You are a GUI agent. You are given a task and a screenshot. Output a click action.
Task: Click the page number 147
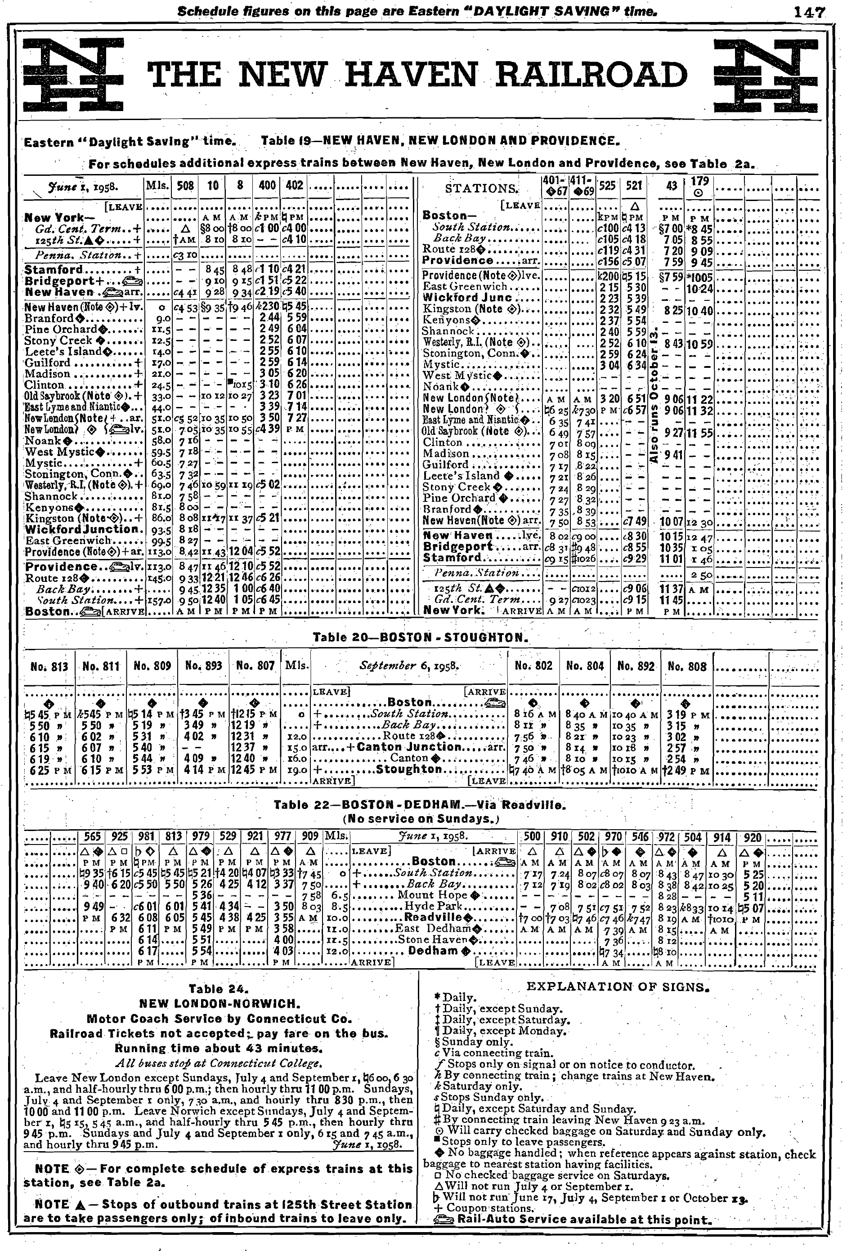pyautogui.click(x=808, y=12)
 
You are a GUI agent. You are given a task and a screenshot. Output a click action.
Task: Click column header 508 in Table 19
pyautogui.click(x=185, y=186)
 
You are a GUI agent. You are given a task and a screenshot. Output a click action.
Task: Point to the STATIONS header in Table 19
pyautogui.click(x=481, y=188)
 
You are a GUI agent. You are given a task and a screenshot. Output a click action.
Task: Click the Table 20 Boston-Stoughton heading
pyautogui.click(x=420, y=637)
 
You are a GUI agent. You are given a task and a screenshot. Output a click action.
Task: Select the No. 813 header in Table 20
pyautogui.click(x=49, y=666)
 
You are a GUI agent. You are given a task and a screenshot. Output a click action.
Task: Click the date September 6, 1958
pyautogui.click(x=409, y=666)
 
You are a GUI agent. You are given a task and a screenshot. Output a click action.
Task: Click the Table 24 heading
pyautogui.click(x=218, y=989)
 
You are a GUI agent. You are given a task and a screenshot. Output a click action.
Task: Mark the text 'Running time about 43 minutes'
pyautogui.click(x=218, y=1049)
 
